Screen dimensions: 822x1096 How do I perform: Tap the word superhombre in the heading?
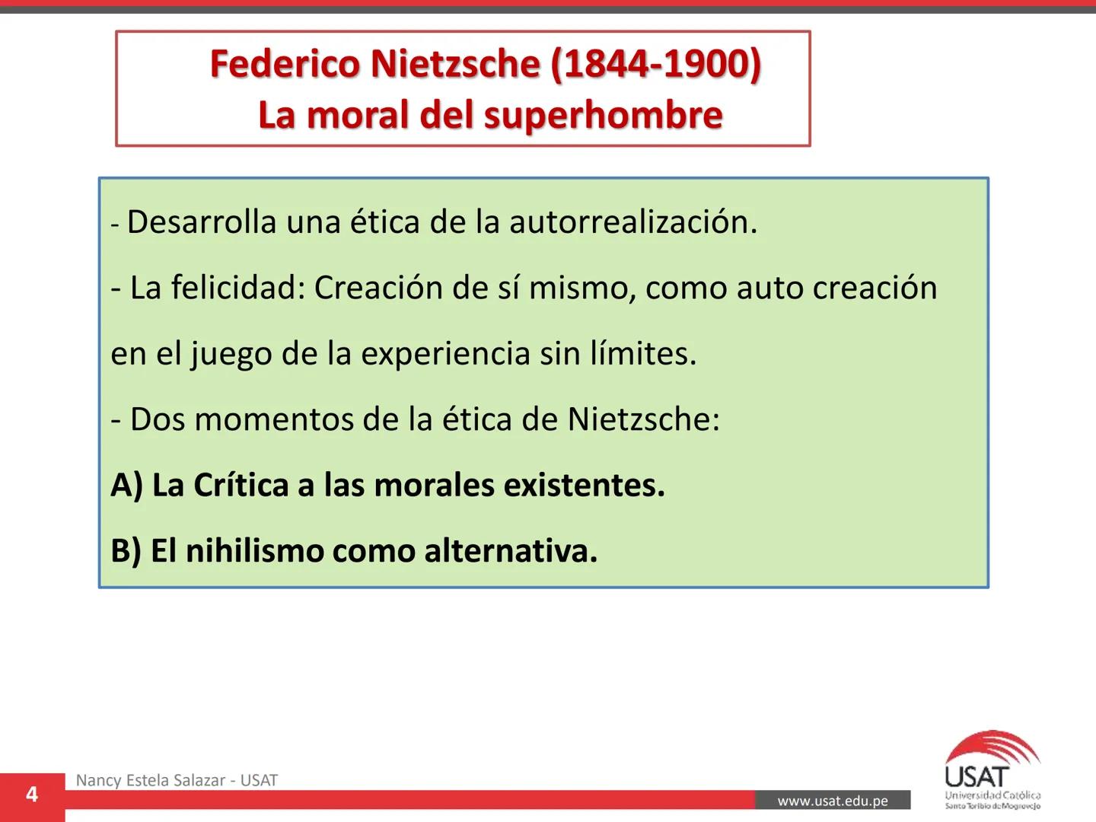[602, 116]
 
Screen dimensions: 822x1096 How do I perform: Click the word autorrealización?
[633, 222]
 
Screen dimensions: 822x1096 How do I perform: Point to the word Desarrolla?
[202, 222]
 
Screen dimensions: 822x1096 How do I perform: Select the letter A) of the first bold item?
[126, 486]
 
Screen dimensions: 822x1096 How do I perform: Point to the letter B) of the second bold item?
[126, 551]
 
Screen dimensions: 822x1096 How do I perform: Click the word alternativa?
[511, 551]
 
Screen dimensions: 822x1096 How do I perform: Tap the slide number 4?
[32, 795]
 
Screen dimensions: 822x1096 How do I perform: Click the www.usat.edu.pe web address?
[833, 801]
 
